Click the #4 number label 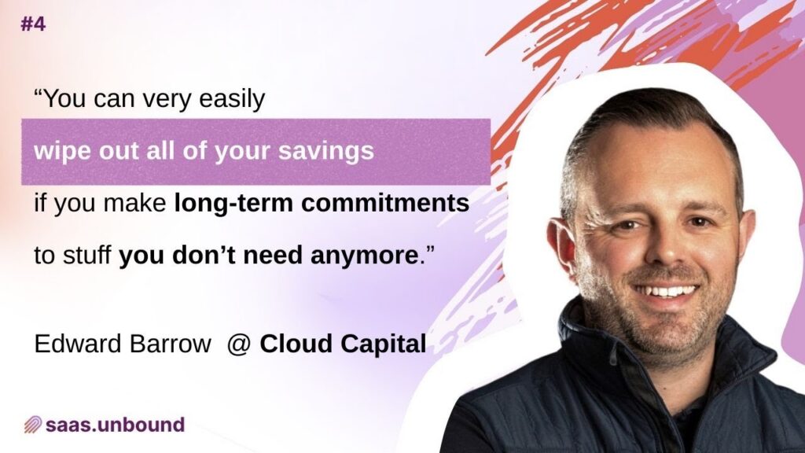(33, 24)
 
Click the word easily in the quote (232, 98)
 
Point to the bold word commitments (385, 203)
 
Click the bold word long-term (234, 204)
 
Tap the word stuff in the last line (86, 255)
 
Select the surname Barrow (171, 344)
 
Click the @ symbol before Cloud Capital (239, 344)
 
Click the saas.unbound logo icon (33, 425)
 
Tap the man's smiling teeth (668, 291)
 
